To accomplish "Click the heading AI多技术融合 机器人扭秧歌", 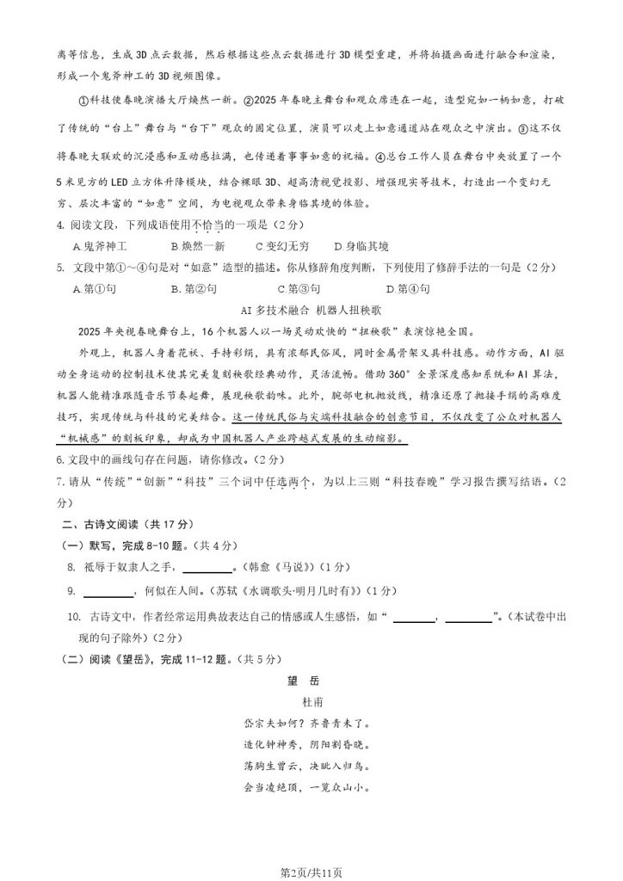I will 311,310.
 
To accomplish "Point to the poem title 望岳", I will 311,680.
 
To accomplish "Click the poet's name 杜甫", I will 311,701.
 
